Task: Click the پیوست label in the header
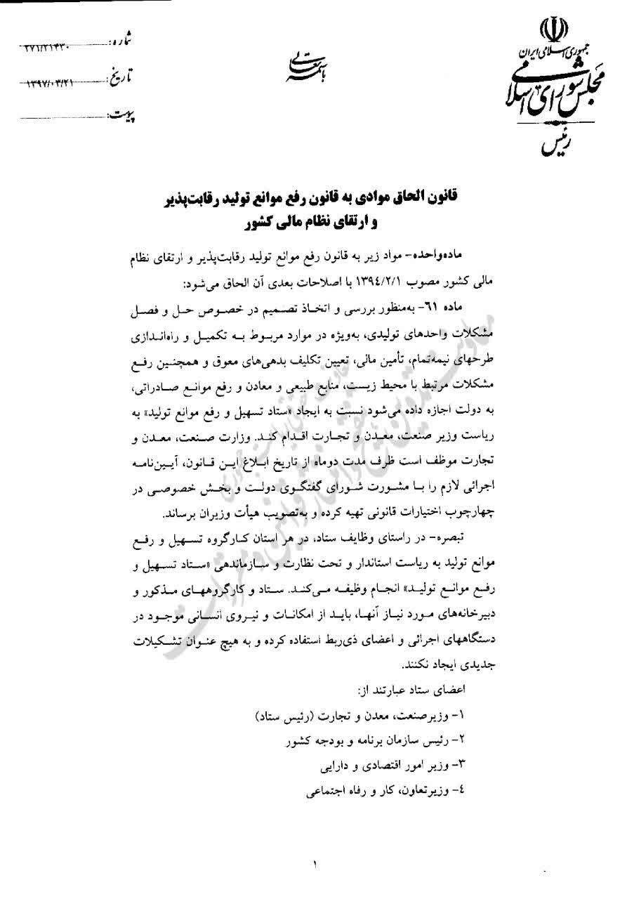click(121, 113)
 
